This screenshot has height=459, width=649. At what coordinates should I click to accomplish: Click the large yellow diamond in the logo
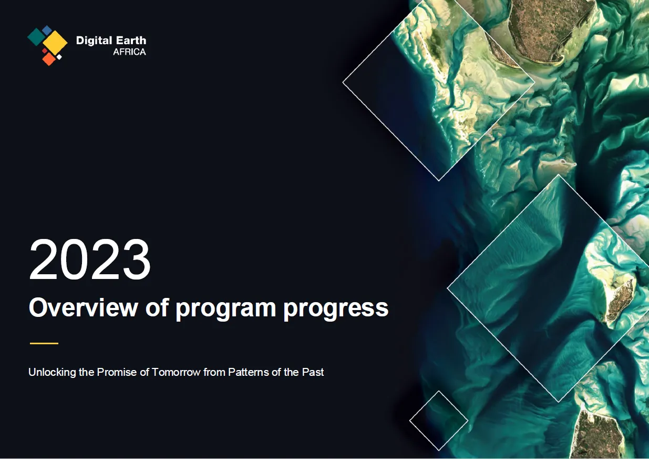point(55,42)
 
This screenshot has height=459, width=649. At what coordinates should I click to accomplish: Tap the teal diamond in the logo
point(36,37)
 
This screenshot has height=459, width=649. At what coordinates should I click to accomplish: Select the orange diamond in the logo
point(49,59)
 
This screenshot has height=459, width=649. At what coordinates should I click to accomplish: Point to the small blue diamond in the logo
point(47,30)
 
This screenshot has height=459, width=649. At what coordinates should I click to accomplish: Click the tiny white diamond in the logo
point(59,57)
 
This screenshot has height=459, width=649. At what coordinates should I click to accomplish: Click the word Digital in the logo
point(94,41)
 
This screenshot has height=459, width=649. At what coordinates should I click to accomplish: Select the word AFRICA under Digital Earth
point(129,52)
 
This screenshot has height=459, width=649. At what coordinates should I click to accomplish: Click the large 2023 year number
point(90,260)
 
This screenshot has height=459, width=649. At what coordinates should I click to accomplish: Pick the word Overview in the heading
point(83,307)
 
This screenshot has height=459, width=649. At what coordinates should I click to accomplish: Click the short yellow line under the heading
point(44,343)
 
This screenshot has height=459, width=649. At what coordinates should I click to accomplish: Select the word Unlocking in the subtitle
point(52,372)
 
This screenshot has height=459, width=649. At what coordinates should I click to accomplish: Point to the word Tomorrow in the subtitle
point(176,372)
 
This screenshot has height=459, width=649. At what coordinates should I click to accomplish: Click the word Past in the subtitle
point(313,372)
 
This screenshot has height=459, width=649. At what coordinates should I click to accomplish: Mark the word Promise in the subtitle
point(117,372)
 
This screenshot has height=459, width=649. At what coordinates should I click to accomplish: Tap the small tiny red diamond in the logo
point(45,51)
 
